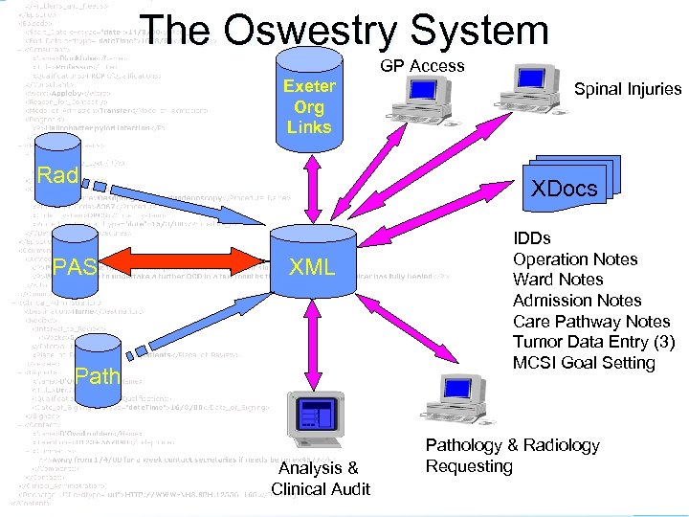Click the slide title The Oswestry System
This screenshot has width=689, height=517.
(344, 31)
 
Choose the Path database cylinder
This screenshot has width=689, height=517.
(97, 373)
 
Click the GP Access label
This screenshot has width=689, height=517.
(422, 66)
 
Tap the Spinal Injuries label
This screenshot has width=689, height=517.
(627, 89)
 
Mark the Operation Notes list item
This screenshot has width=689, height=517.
(575, 259)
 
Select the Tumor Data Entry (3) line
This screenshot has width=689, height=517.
(593, 343)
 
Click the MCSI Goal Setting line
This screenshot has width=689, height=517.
(584, 363)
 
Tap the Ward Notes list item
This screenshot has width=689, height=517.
(558, 280)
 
